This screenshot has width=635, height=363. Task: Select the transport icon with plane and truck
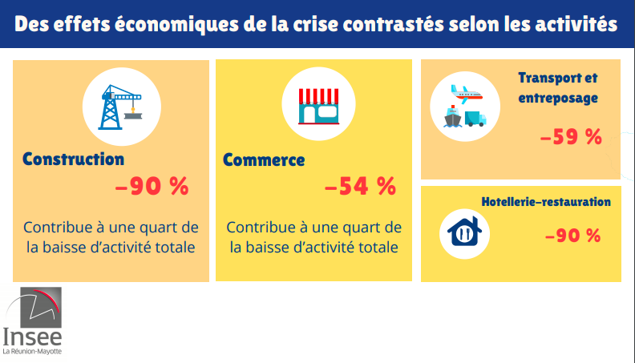pos(464,107)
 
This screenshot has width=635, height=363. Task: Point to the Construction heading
pos(74,159)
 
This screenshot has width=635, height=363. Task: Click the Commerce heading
pos(264,159)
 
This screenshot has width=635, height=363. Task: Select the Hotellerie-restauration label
pos(545,202)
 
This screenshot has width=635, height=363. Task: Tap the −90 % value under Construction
pos(152,187)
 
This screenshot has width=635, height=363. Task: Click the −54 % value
pos(360,187)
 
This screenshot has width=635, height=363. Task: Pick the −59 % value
pos(571,137)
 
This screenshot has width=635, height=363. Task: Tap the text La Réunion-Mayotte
pos(32,352)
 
